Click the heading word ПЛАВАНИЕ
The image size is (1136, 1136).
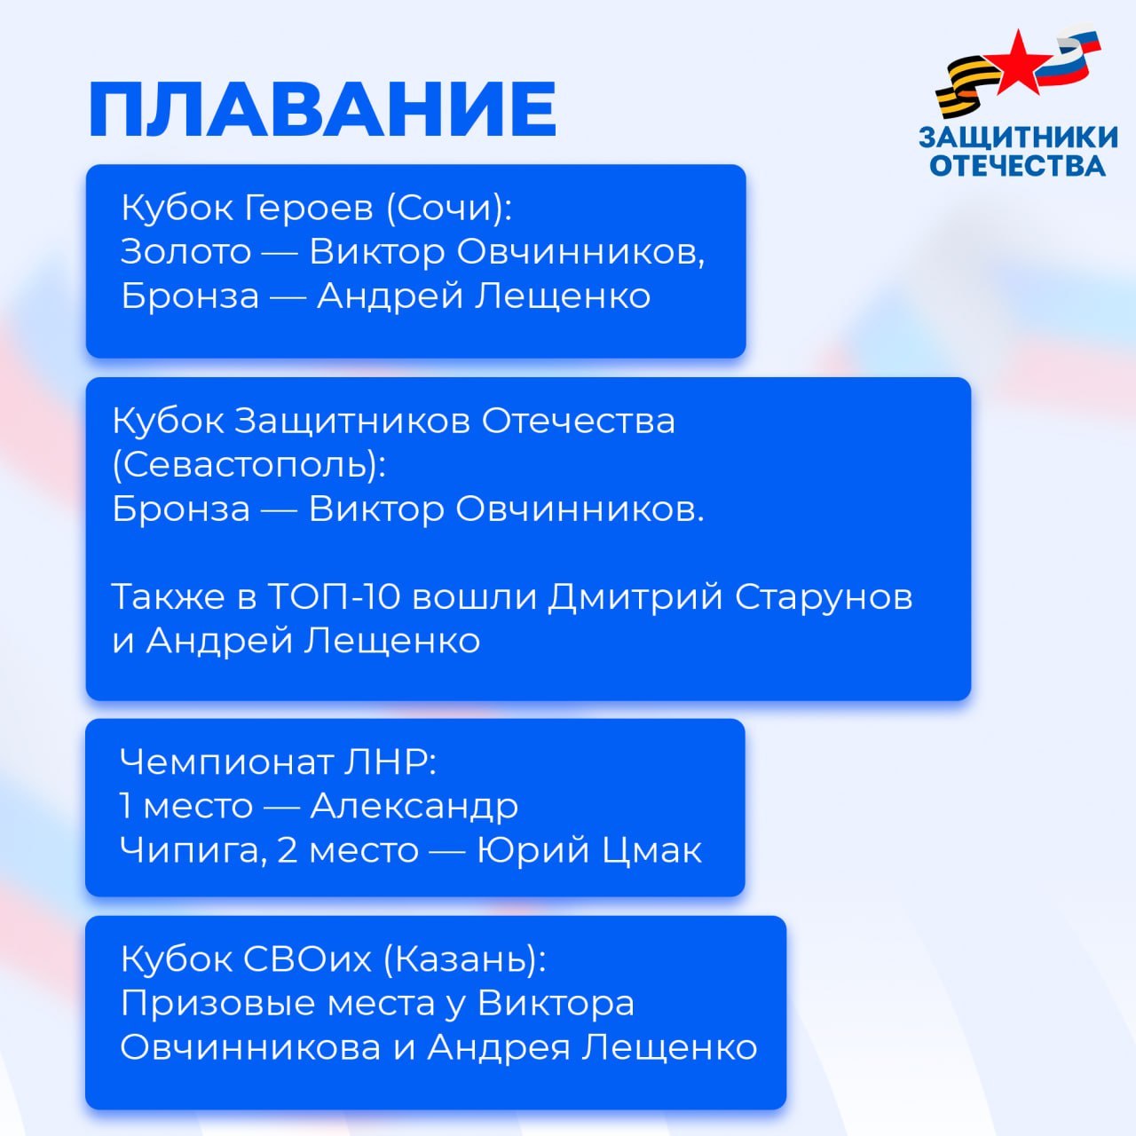point(322,109)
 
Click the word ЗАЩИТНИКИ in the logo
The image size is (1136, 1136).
point(1018,138)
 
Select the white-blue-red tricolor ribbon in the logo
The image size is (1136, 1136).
point(1073,59)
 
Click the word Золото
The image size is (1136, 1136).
point(186,251)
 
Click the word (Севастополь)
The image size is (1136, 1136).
point(249,465)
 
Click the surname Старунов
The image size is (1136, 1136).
point(824,596)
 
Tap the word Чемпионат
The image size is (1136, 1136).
point(225,761)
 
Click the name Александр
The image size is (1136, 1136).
point(414,806)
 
